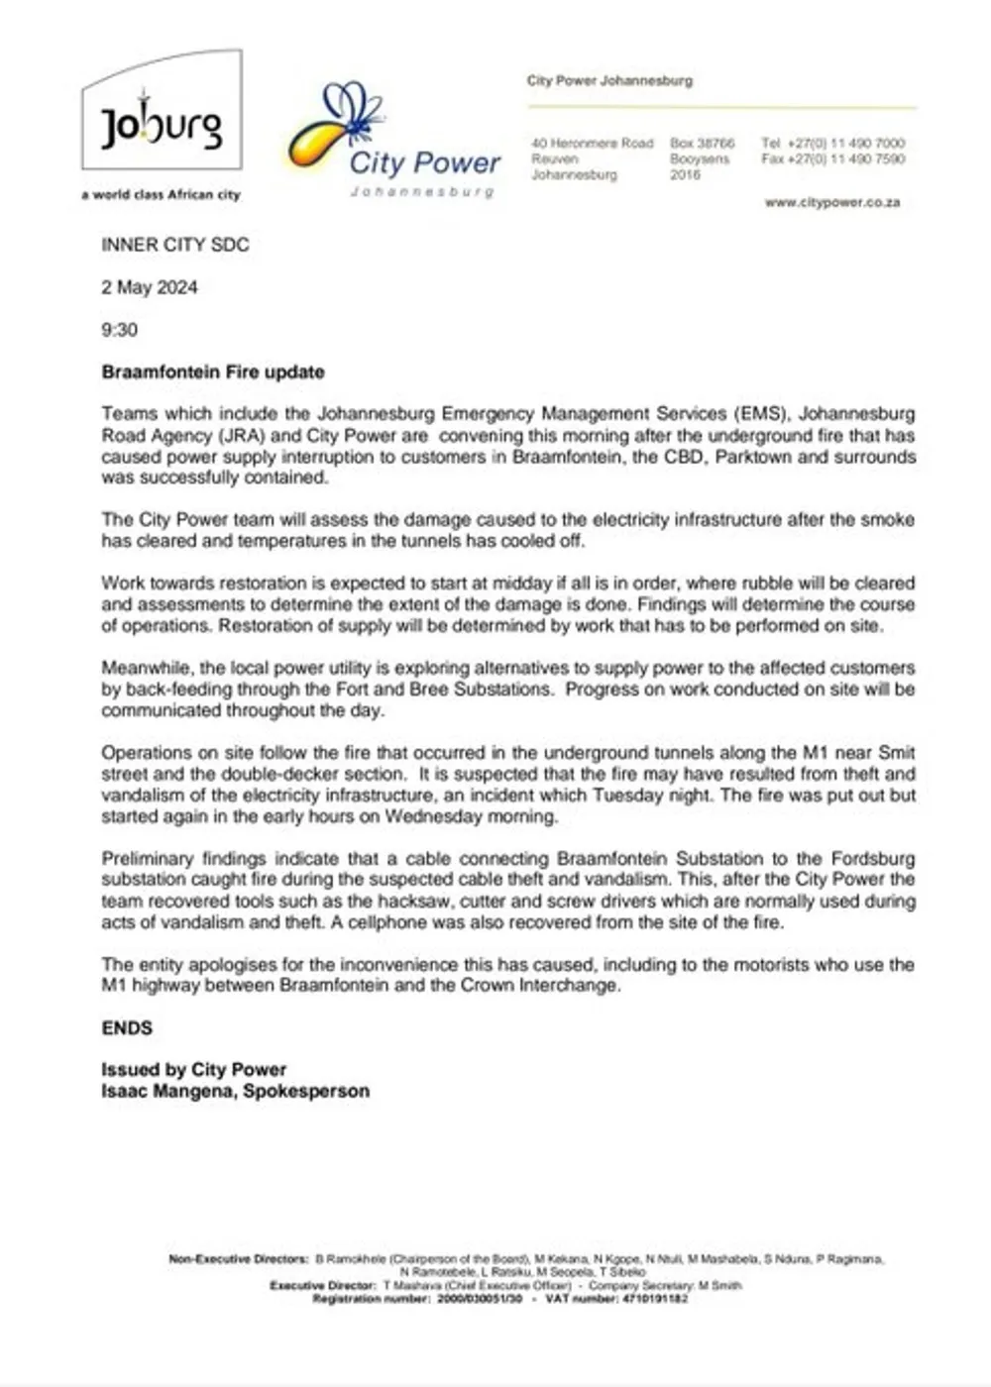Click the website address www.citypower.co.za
tap(831, 202)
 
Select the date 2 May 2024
tap(150, 287)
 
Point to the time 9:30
tap(119, 330)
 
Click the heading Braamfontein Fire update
tap(213, 373)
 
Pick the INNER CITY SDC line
tap(175, 245)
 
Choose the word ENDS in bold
tap(127, 1028)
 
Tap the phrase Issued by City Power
tap(193, 1070)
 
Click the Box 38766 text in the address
tap(703, 144)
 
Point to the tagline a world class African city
tap(161, 195)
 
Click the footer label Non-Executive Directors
tap(239, 1259)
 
